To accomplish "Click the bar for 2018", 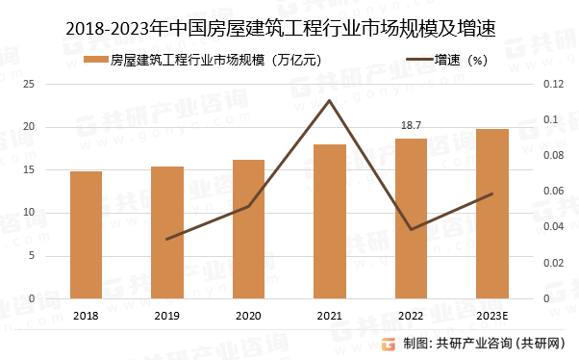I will [x=86, y=235].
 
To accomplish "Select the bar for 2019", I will [x=167, y=232].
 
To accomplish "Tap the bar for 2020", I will [x=248, y=229].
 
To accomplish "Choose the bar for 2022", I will [x=411, y=219].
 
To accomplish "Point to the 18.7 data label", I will [x=411, y=126].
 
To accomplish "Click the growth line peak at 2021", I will [x=330, y=100].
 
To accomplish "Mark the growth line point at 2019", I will [x=167, y=239].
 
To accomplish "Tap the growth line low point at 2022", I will [x=411, y=229].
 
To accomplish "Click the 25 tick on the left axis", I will [x=56, y=85].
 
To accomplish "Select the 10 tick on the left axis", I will [x=56, y=213].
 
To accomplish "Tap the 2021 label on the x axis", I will [x=330, y=316].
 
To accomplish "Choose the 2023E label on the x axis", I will [x=492, y=316].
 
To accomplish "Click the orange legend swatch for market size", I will [x=94, y=60].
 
